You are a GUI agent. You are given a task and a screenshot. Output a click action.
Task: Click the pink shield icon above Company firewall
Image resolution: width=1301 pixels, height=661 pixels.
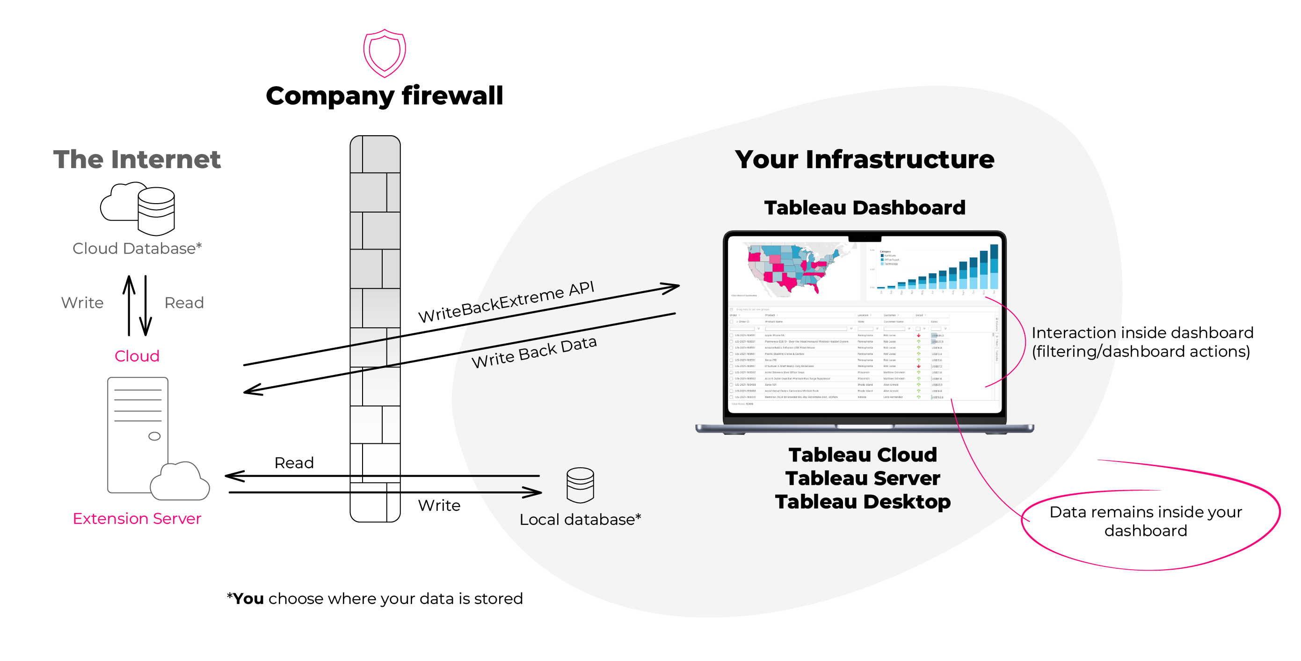click(x=385, y=52)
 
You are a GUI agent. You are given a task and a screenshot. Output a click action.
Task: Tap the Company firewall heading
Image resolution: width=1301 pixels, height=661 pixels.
click(x=385, y=95)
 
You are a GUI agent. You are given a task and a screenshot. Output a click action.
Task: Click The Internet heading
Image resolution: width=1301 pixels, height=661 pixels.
click(x=137, y=159)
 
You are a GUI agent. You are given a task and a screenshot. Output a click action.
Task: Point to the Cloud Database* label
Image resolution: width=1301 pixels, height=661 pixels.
click(x=137, y=248)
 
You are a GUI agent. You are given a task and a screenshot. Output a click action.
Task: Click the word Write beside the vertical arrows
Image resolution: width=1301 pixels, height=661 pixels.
click(x=82, y=303)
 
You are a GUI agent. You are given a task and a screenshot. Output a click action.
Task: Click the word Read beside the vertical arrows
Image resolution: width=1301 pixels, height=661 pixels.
click(x=184, y=303)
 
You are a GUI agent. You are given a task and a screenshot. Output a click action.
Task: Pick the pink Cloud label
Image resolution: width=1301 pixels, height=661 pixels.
click(x=137, y=356)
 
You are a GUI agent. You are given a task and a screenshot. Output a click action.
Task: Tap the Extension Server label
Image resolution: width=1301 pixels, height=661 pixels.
click(x=137, y=519)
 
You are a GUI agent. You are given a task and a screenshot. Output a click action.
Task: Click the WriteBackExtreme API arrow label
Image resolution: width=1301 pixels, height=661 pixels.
click(x=506, y=302)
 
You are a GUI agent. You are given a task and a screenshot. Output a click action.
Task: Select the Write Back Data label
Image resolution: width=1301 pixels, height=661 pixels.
click(x=534, y=352)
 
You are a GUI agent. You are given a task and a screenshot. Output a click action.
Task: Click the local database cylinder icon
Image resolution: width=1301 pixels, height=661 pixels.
click(x=580, y=485)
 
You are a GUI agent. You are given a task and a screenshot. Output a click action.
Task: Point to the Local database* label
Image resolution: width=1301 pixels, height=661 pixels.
click(x=580, y=520)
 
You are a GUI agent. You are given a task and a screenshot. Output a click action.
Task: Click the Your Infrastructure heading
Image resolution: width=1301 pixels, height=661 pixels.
click(x=864, y=159)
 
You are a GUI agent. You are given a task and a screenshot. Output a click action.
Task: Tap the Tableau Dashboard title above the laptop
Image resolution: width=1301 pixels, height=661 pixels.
click(x=864, y=208)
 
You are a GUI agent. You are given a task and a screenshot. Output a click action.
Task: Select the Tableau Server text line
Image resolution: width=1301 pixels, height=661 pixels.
click(x=863, y=478)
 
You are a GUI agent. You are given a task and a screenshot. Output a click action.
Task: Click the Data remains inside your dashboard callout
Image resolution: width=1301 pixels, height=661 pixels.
click(x=1145, y=521)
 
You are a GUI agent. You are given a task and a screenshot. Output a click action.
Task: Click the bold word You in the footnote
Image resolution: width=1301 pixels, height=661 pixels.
click(x=248, y=598)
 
